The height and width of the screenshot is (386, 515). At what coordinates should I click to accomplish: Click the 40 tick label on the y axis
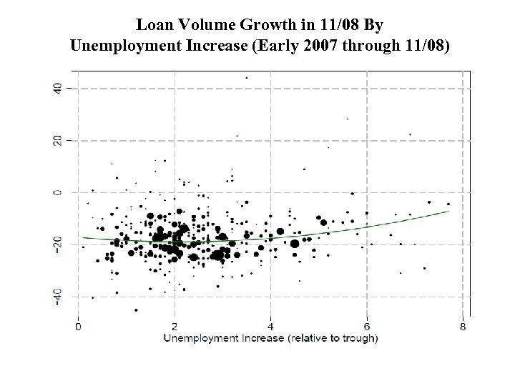pyautogui.click(x=57, y=88)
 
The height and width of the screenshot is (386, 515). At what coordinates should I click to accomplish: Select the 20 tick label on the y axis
pyautogui.click(x=57, y=140)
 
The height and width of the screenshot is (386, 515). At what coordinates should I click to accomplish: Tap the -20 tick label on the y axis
pyautogui.click(x=57, y=243)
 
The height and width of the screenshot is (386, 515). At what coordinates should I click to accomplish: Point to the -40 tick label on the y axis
pyautogui.click(x=57, y=295)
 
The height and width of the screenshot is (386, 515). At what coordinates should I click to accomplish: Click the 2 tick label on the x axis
pyautogui.click(x=174, y=327)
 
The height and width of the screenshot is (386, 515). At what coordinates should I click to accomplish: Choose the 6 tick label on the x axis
pyautogui.click(x=367, y=327)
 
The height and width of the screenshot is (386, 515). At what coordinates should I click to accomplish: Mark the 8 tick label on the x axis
pyautogui.click(x=463, y=327)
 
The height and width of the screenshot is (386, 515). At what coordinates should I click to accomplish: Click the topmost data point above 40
pyautogui.click(x=247, y=78)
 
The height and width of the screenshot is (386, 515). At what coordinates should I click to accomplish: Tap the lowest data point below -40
pyautogui.click(x=136, y=310)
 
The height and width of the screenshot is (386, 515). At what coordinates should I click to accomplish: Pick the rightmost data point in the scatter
pyautogui.click(x=448, y=204)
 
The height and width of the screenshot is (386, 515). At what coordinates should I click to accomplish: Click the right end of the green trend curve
pyautogui.click(x=448, y=211)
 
